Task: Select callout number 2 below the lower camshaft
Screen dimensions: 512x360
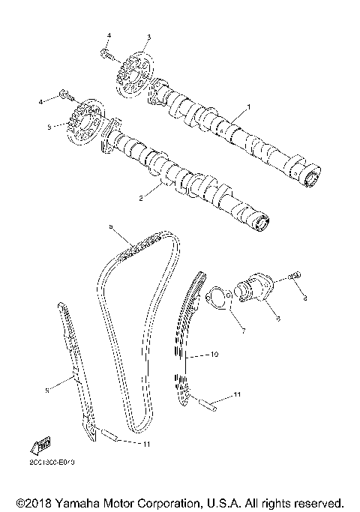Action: click(139, 199)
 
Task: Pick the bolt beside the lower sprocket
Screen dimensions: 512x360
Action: click(64, 95)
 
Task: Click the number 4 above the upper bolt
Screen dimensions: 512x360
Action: click(108, 36)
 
